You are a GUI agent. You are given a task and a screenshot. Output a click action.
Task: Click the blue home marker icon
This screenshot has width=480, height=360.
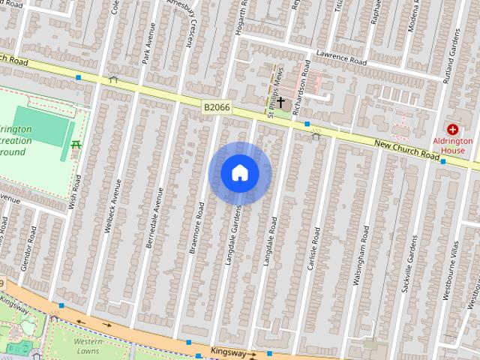[239, 173]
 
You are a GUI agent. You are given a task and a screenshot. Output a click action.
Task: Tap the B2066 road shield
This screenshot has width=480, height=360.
[217, 109]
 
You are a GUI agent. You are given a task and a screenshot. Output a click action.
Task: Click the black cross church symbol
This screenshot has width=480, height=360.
[281, 102]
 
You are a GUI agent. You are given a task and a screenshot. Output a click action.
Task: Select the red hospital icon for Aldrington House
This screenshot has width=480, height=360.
[452, 130]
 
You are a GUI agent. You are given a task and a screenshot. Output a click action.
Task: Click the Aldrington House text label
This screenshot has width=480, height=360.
[452, 145]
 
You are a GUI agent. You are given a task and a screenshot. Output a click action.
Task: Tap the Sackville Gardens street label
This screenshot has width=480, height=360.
[407, 263]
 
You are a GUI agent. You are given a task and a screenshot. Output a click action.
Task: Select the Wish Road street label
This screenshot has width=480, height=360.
[74, 190]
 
